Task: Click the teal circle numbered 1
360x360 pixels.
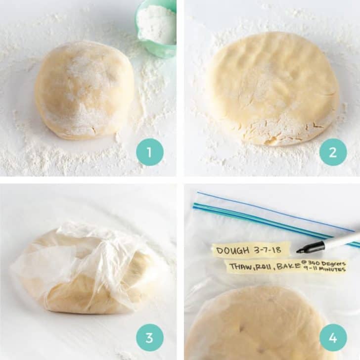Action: click(x=150, y=152)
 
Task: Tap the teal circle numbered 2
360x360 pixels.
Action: click(x=333, y=152)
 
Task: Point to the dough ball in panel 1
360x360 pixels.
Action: click(x=84, y=89)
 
